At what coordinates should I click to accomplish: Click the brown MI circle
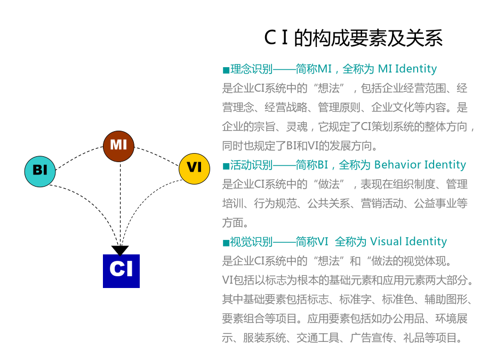[118, 146]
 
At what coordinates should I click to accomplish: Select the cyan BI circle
[41, 171]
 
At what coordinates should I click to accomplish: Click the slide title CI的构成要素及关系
[354, 38]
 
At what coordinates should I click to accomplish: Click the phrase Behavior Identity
[420, 165]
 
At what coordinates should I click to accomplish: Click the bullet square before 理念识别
[226, 70]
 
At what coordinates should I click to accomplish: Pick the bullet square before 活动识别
[226, 166]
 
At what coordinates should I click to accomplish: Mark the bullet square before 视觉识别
[226, 243]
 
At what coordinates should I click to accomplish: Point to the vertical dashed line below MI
[121, 203]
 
